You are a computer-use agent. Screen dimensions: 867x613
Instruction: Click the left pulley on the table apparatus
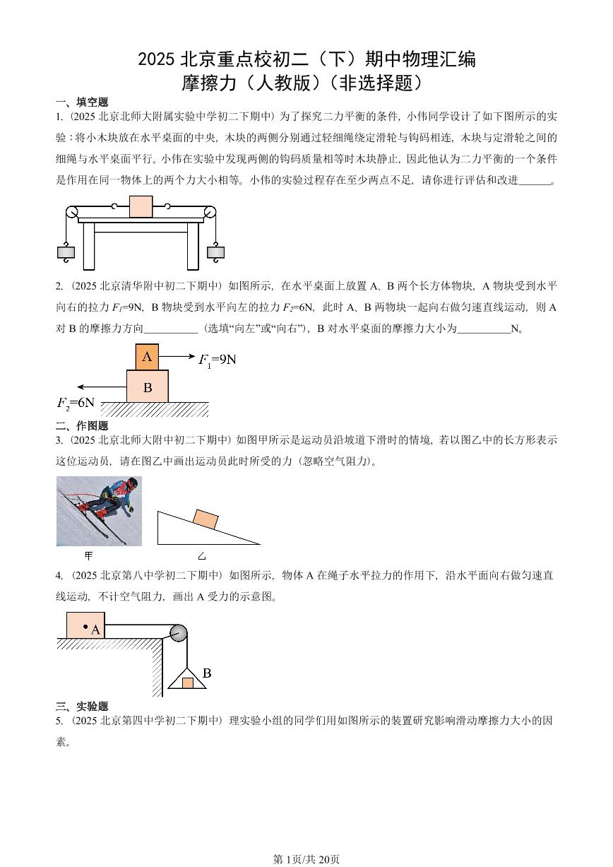72,213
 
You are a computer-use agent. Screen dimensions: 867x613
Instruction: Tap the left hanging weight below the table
66,251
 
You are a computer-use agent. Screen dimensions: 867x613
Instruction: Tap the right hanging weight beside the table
215,251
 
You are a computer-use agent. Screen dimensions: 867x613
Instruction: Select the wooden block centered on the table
141,206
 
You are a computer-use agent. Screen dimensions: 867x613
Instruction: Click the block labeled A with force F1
147,357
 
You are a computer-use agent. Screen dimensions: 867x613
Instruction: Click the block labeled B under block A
148,387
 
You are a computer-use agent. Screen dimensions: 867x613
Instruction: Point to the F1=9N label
217,360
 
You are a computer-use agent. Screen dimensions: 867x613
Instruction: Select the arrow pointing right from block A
177,357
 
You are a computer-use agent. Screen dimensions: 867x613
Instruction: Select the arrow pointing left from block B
102,387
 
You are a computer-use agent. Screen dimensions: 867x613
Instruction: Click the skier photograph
99,511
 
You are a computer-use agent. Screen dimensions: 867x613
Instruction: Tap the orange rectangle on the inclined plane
205,519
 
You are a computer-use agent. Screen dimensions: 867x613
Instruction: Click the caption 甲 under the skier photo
89,555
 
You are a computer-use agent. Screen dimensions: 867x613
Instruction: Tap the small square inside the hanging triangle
187,683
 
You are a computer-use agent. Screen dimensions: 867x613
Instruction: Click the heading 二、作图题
82,425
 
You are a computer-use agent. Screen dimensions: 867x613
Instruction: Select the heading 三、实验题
82,706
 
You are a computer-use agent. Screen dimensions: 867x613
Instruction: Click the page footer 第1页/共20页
306,859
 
